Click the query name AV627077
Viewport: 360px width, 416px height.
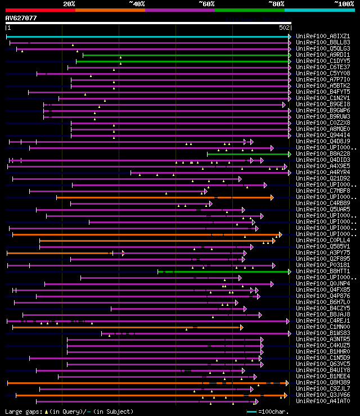click(x=21, y=18)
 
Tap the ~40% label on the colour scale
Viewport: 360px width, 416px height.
click(x=137, y=4)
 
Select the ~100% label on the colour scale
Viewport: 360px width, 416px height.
click(x=344, y=4)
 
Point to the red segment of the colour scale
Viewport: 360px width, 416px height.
click(x=40, y=10)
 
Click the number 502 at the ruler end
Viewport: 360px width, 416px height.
click(x=284, y=28)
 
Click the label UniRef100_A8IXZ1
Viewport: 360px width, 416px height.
click(x=323, y=36)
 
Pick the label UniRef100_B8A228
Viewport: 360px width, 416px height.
click(x=323, y=153)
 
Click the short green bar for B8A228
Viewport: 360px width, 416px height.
click(x=247, y=154)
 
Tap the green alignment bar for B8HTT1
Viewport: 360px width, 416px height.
click(x=225, y=272)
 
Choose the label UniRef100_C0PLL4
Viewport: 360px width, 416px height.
click(x=323, y=240)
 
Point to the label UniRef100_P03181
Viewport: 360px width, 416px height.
click(x=323, y=265)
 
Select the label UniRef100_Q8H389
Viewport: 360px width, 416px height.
click(x=323, y=382)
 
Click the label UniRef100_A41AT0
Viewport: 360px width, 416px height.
click(x=323, y=401)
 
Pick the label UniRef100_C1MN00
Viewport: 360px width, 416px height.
click(x=323, y=327)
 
